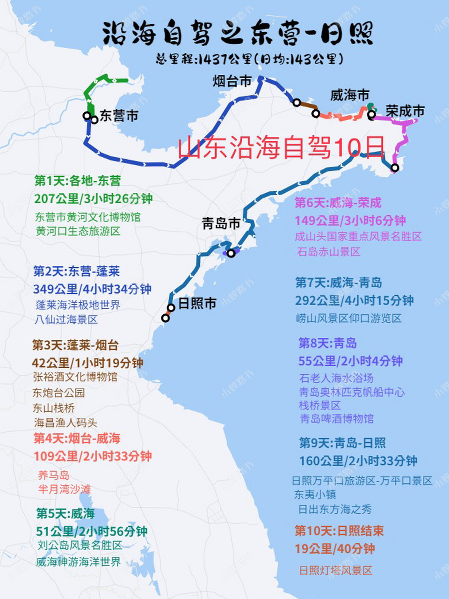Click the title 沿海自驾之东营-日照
[238, 33]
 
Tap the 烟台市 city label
[232, 81]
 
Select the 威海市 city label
[350, 95]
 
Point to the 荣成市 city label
[405, 111]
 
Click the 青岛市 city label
[221, 223]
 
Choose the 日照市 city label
[197, 303]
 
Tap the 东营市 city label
[119, 116]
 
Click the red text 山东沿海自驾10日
[281, 147]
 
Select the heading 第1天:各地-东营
[78, 181]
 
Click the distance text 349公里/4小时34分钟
[92, 289]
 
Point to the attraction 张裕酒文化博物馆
[75, 377]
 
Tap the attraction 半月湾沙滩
[65, 489]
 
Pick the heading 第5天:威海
[65, 513]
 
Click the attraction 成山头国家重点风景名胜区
[358, 236]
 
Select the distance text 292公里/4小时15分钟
[355, 300]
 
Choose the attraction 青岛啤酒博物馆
[337, 418]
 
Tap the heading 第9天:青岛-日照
[342, 443]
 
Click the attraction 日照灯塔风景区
[336, 570]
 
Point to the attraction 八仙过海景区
[66, 320]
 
